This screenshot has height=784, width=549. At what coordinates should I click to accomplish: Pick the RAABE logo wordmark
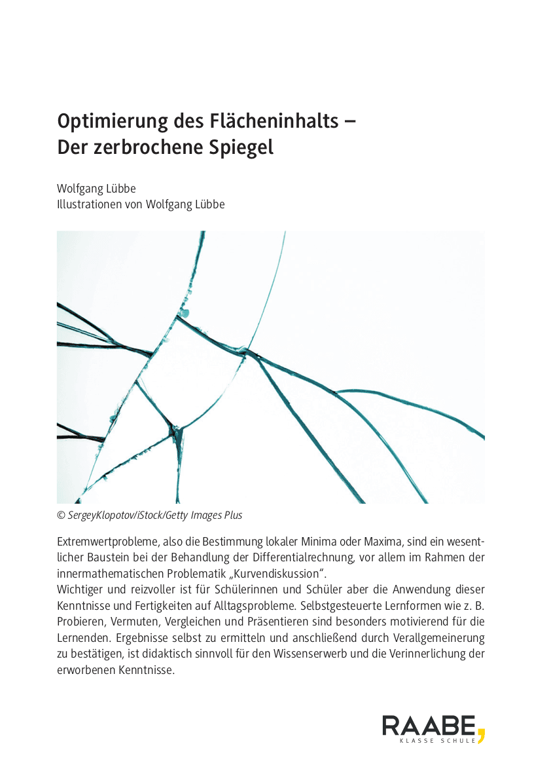click(x=429, y=726)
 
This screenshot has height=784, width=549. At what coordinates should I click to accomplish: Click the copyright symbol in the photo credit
click(x=61, y=515)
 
